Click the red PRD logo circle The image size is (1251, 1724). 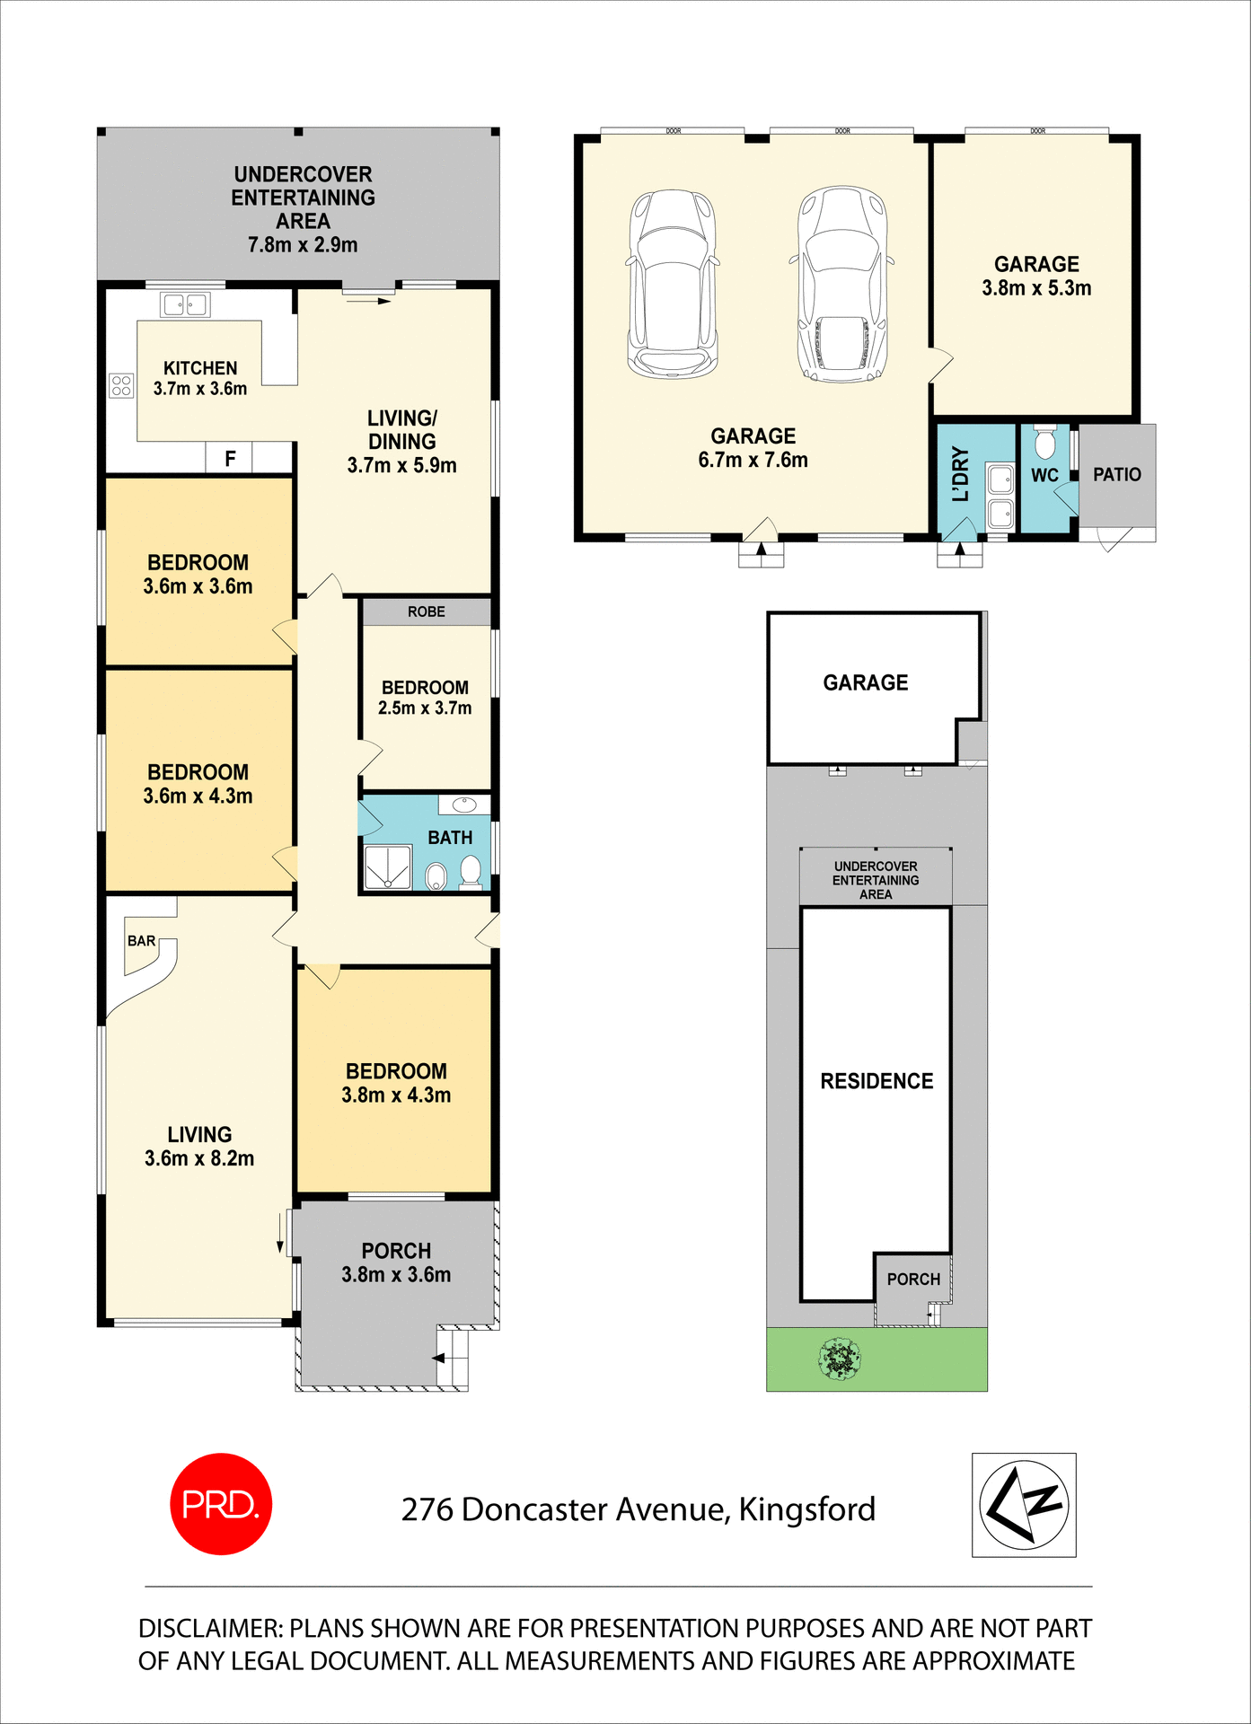tap(220, 1504)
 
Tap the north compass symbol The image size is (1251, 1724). tap(1024, 1505)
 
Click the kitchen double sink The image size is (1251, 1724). tap(184, 305)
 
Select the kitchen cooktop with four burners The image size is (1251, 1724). tap(121, 386)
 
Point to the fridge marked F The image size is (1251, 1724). tap(230, 459)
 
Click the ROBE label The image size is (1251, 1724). tap(426, 611)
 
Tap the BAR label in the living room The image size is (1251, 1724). tap(141, 941)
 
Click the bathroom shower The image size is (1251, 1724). tap(388, 866)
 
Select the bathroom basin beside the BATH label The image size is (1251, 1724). tap(464, 805)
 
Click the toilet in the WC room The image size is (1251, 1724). tap(1044, 443)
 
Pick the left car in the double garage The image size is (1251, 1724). tap(673, 283)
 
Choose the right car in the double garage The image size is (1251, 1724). tap(842, 285)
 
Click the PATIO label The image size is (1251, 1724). tap(1116, 474)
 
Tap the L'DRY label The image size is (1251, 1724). tap(961, 474)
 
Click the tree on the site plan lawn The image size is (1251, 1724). tap(840, 1359)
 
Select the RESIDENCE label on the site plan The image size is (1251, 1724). tap(877, 1081)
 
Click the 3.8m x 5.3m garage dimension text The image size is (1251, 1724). tap(1036, 288)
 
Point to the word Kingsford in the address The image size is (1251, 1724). tap(806, 1509)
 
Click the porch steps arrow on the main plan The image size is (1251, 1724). tap(439, 1358)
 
